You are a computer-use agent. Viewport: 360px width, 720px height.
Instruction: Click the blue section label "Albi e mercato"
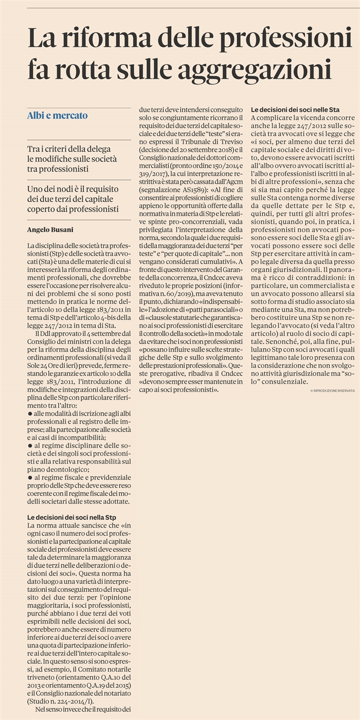(x=57, y=116)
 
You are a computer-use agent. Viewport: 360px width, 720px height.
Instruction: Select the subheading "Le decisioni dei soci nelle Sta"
(x=295, y=110)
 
